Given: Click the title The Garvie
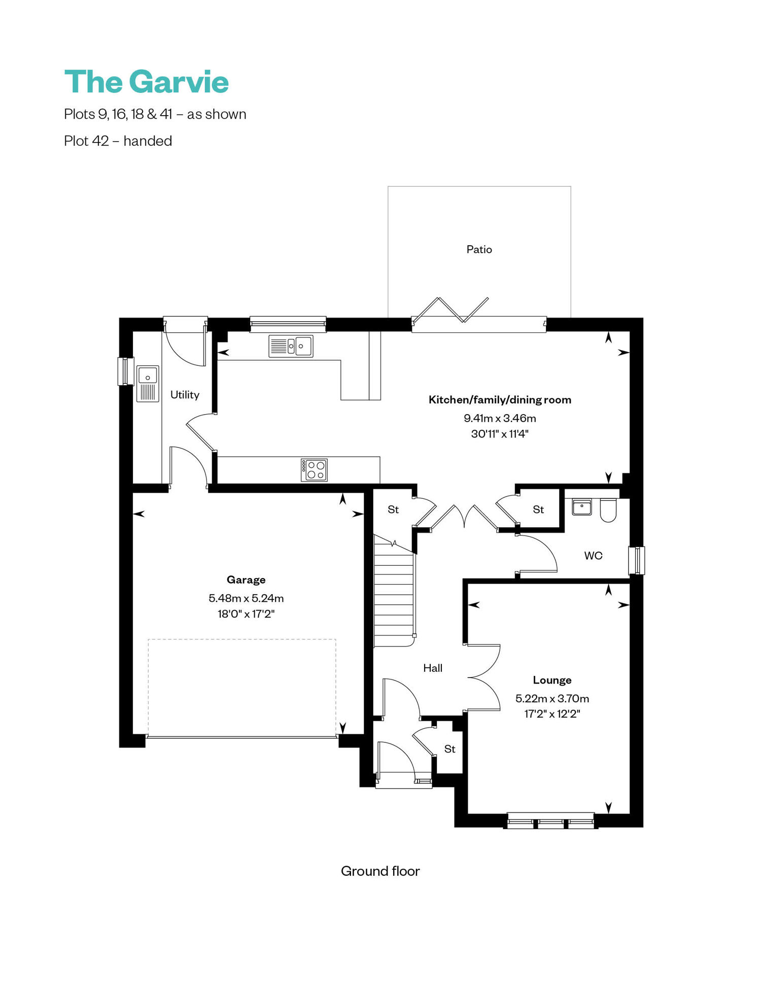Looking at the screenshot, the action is [147, 82].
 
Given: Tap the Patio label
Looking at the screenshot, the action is [479, 249].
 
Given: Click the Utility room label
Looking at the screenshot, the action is [185, 395].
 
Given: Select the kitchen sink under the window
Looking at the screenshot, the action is [291, 346].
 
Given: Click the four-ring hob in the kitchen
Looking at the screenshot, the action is [314, 470].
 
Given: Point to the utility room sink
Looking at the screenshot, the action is [148, 384].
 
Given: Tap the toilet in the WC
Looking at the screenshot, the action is [608, 510].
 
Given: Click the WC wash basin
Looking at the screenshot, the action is [581, 507].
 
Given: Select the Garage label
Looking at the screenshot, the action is [246, 580].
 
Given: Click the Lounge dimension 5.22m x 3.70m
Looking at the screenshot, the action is [552, 698].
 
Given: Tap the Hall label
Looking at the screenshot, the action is [433, 668].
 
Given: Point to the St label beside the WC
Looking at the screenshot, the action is [538, 509].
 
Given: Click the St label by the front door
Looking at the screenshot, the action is [449, 749].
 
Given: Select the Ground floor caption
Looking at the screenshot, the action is [380, 871].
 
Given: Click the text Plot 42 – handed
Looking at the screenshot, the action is [118, 141].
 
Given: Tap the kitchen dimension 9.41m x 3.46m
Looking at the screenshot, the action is [500, 418].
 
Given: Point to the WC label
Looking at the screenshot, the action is [593, 556].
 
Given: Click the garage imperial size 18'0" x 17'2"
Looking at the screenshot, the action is [246, 614].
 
